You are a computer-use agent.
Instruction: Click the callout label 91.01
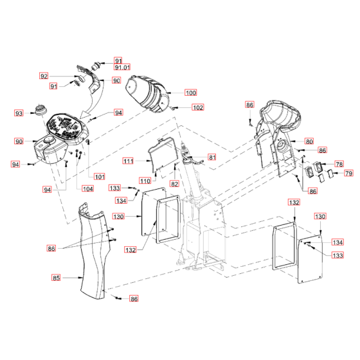[x=122, y=67]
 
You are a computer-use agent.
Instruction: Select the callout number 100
[x=191, y=93]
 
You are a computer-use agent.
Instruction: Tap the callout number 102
[x=198, y=107]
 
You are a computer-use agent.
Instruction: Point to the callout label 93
[x=19, y=113]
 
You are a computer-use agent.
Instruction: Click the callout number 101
[x=100, y=177]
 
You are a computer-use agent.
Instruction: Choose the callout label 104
[x=87, y=189]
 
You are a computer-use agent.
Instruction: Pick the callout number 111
[x=128, y=161]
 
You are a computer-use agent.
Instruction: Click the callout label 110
[x=145, y=181]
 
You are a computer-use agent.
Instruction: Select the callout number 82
[x=174, y=184]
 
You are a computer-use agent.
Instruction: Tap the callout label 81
[x=212, y=157]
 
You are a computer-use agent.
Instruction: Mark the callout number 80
[x=309, y=141]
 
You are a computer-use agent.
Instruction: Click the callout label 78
[x=339, y=164]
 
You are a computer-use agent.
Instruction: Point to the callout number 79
[x=348, y=173]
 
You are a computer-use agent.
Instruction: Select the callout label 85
[x=56, y=278]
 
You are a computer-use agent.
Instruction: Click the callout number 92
[x=44, y=76]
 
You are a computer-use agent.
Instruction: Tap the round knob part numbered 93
[x=41, y=109]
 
